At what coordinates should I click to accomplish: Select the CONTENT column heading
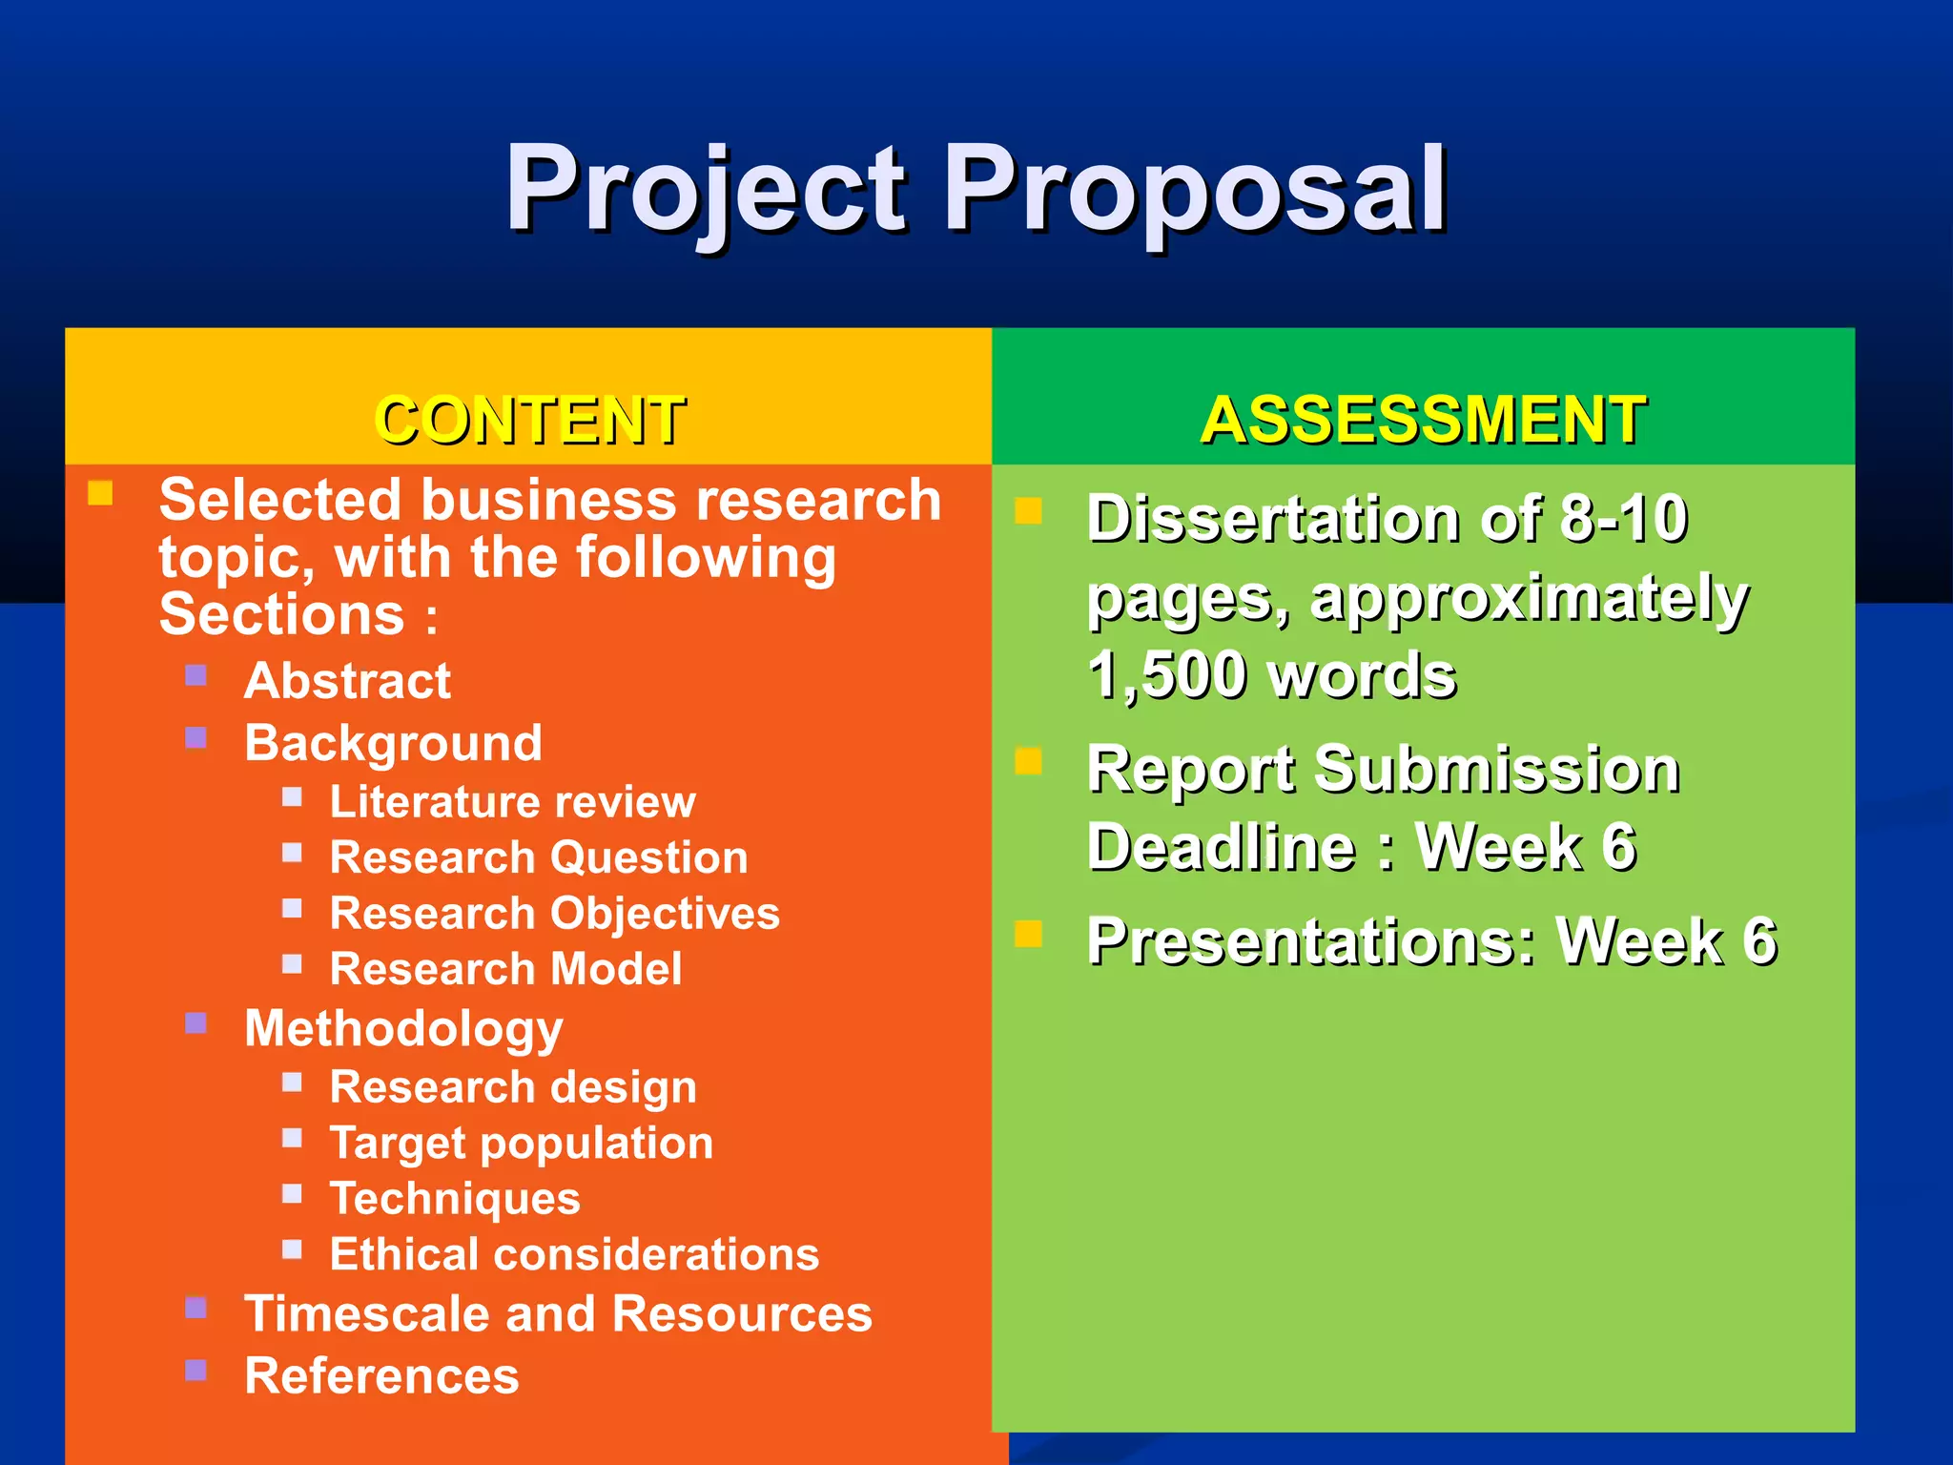coord(530,420)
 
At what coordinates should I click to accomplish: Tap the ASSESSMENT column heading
coord(1423,420)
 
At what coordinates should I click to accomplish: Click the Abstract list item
coord(347,681)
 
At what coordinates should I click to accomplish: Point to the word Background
coord(393,743)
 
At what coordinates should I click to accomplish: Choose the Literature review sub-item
coord(512,802)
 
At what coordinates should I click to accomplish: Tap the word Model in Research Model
coord(616,969)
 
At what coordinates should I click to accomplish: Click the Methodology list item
coord(403,1029)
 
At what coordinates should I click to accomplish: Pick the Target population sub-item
coord(521,1143)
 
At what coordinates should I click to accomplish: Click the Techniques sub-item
coord(455,1199)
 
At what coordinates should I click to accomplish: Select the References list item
coord(381,1375)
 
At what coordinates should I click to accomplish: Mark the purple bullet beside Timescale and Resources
coord(196,1308)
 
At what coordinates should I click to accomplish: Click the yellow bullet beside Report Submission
coord(1028,761)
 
